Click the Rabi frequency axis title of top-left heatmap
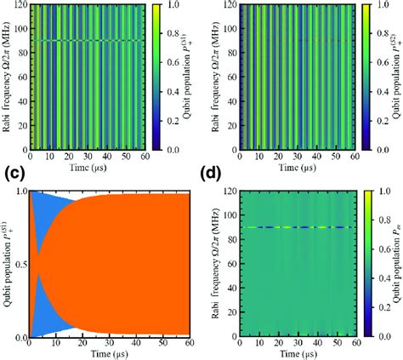(7, 65)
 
